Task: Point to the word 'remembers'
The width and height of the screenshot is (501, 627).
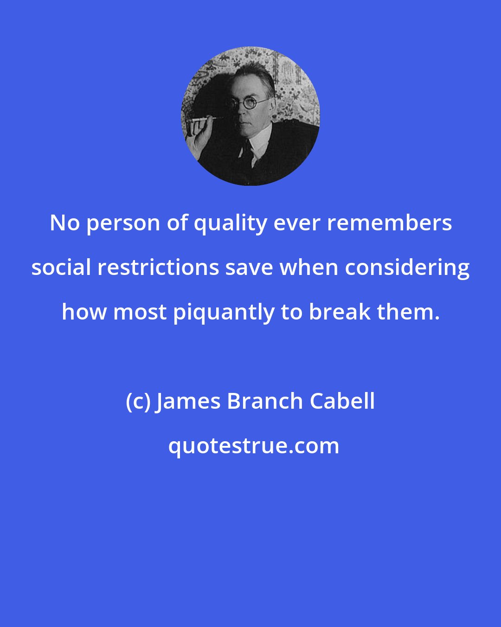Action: pos(389,223)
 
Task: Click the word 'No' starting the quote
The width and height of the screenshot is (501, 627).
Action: pos(64,223)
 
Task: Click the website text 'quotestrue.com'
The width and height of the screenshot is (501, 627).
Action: pos(253,446)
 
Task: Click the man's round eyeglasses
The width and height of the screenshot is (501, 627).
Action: pos(250,104)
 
